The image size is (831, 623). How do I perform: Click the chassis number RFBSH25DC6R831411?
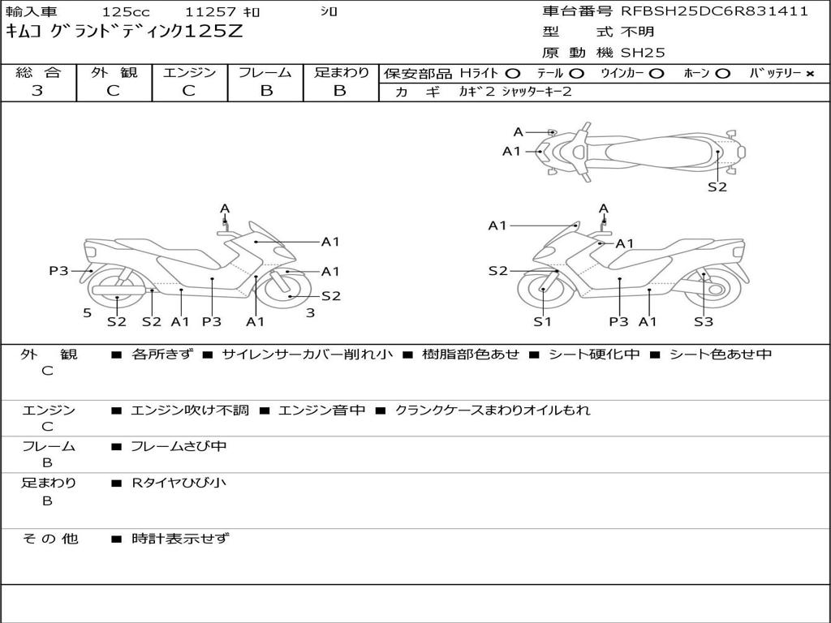coord(714,11)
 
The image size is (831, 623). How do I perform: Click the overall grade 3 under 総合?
coord(37,91)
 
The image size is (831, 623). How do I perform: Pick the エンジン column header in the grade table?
coord(189,72)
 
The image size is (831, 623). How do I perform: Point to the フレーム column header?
coord(265,72)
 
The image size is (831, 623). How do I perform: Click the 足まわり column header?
coord(341,72)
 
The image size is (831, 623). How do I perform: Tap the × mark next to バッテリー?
coord(809,73)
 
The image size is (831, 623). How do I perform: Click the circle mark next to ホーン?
coord(722,73)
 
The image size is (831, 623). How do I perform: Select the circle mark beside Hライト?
coord(513,73)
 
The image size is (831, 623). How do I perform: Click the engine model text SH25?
coord(643,53)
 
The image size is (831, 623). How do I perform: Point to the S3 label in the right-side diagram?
coord(703,321)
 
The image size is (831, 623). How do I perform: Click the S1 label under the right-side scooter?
coord(542,321)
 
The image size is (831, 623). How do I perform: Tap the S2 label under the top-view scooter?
coord(717,187)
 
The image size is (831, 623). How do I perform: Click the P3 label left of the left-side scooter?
coord(58,271)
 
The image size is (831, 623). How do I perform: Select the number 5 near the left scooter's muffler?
coord(86,312)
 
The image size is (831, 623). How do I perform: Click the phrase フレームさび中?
coord(179,446)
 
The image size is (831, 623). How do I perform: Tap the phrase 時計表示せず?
coord(180,538)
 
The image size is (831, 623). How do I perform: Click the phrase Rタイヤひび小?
coord(179,483)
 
